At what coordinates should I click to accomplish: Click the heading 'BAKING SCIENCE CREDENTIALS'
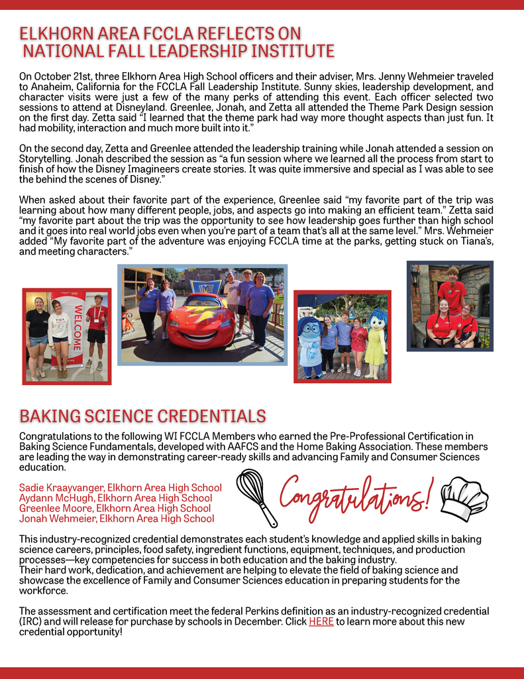[x=142, y=416]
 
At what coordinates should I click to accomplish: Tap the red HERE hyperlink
[x=321, y=621]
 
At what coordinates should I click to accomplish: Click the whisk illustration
[x=256, y=497]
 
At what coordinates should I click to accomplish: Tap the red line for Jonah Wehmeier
[x=59, y=519]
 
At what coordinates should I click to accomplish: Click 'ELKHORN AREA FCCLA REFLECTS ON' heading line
[x=160, y=33]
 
